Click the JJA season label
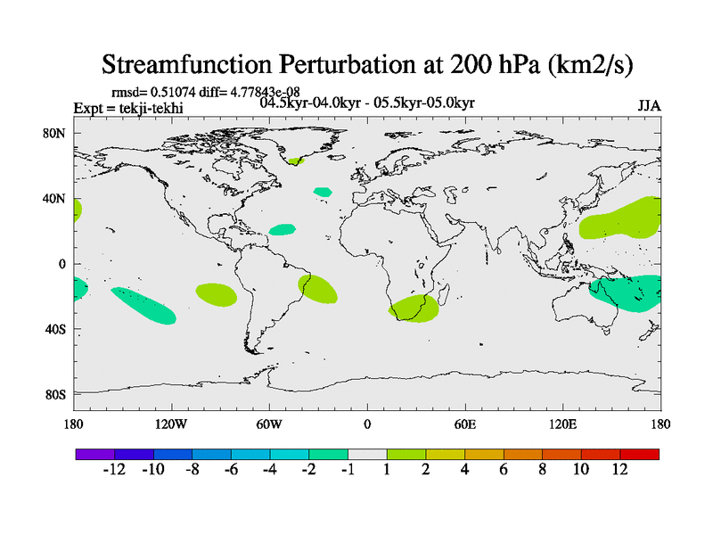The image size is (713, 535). click(649, 105)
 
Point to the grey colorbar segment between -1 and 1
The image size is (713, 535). click(367, 454)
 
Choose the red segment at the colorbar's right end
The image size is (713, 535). click(640, 454)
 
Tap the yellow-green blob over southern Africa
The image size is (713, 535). click(414, 309)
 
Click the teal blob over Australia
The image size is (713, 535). click(627, 294)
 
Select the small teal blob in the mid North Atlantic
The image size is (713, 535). click(322, 191)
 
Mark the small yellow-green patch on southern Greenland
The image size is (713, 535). click(295, 161)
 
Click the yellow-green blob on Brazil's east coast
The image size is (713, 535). click(319, 288)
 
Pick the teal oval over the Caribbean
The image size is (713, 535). click(283, 230)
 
